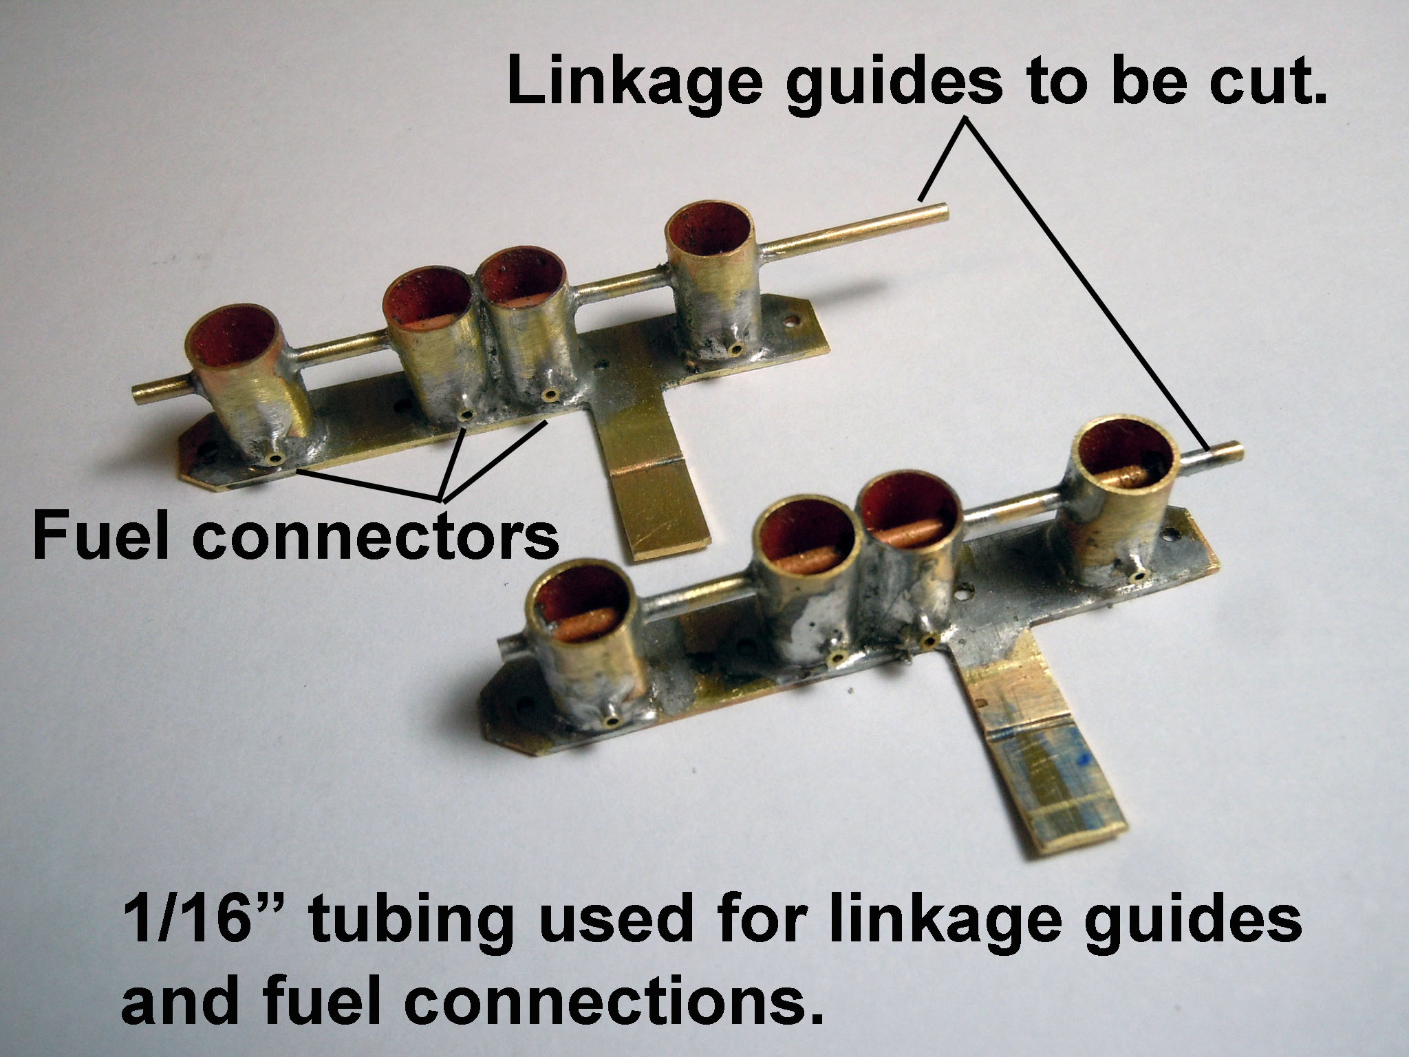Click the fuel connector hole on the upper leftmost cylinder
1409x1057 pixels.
pos(276,458)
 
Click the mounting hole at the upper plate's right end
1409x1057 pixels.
pos(794,321)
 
